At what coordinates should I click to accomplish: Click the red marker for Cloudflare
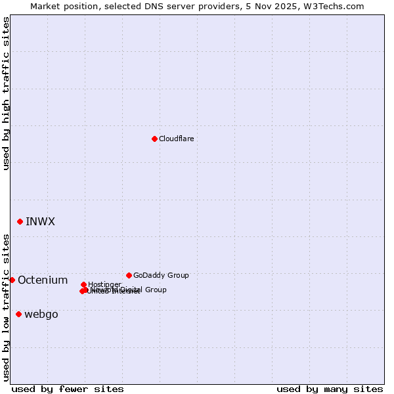click(154, 139)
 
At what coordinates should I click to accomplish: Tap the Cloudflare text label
click(176, 139)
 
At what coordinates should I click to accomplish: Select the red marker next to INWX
click(20, 221)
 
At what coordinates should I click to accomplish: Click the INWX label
click(40, 221)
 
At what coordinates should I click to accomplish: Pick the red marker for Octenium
click(12, 280)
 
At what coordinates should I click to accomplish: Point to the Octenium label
click(43, 280)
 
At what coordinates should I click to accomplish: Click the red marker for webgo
click(18, 314)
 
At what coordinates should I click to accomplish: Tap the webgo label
click(41, 315)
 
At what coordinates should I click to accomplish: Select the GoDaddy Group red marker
click(129, 275)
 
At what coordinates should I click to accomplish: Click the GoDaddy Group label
click(160, 275)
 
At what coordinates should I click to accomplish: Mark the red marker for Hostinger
click(83, 284)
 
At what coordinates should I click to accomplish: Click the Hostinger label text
click(104, 284)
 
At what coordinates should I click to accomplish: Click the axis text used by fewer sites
click(68, 389)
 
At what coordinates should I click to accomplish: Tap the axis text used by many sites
click(330, 389)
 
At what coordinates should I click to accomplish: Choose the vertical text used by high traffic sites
click(6, 93)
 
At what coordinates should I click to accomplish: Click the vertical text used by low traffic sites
click(6, 307)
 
